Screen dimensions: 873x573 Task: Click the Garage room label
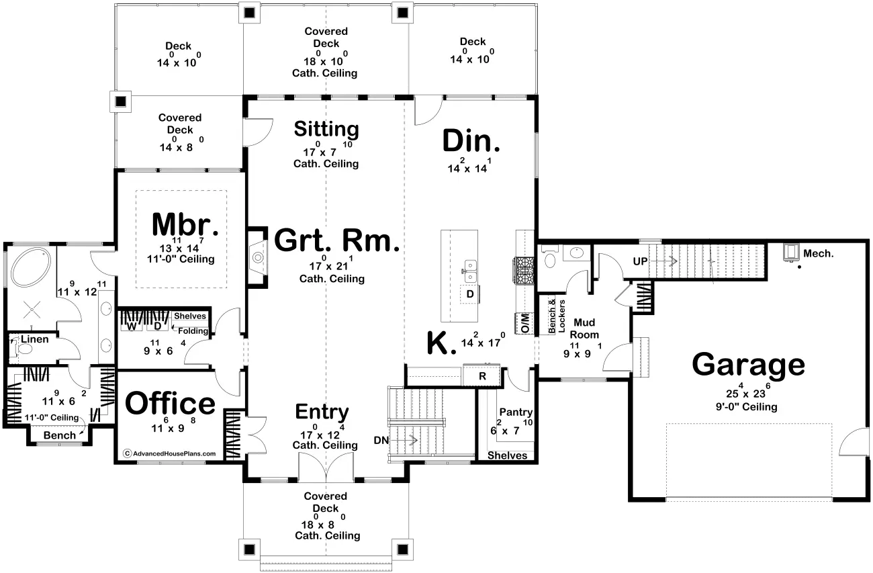coord(748,365)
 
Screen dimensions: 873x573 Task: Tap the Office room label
coord(170,404)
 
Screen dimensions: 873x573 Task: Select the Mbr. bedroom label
coord(185,224)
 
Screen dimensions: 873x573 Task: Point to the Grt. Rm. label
coord(336,240)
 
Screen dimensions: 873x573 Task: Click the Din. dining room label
coord(471,140)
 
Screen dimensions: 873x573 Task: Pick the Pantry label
coord(516,412)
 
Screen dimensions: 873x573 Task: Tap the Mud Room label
coord(584,328)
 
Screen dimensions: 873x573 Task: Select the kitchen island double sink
coord(470,271)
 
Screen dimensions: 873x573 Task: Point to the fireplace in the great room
coord(258,258)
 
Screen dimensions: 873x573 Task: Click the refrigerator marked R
coord(481,376)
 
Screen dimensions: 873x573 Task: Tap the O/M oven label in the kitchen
coord(525,323)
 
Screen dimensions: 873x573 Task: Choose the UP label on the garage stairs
coord(641,261)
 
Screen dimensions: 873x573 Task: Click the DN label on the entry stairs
coord(381,440)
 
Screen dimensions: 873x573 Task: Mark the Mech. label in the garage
coord(819,254)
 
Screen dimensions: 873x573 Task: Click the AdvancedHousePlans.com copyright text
coord(170,453)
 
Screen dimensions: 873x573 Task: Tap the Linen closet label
coord(35,339)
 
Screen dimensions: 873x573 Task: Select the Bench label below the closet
coord(60,435)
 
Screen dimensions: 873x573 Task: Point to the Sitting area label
coord(326,129)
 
